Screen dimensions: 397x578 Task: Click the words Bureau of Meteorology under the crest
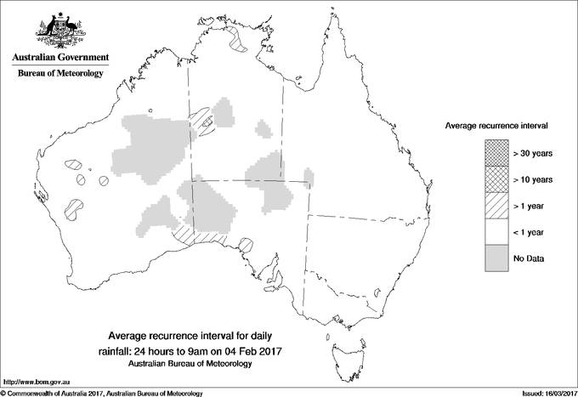[59, 74]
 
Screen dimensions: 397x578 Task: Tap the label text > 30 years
[532, 154]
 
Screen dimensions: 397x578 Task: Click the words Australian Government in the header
[59, 58]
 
